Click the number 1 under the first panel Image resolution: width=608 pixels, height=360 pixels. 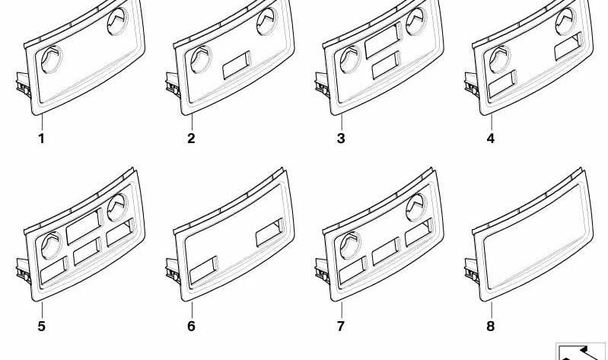(42, 139)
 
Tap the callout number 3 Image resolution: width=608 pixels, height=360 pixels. (341, 139)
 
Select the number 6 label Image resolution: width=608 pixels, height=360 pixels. (191, 326)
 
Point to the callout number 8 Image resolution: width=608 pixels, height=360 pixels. (491, 326)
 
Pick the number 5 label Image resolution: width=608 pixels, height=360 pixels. (42, 326)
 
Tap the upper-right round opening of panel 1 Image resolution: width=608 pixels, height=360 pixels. (117, 21)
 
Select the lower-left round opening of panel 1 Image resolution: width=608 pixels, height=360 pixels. (51, 59)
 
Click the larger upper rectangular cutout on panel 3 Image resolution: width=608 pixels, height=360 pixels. (383, 40)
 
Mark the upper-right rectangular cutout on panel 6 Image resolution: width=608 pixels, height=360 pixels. (269, 232)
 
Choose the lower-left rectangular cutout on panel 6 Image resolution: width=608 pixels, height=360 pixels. (204, 269)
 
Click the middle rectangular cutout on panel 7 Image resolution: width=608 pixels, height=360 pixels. (386, 251)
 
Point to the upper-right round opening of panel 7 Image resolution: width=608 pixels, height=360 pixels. (416, 208)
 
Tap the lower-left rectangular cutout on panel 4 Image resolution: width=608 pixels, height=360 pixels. (502, 84)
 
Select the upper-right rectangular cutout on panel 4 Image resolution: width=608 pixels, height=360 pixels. (568, 46)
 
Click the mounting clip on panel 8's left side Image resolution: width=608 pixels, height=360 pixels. (473, 271)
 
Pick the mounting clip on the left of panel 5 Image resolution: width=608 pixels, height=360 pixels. (24, 271)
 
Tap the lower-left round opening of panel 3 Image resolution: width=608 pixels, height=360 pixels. (350, 59)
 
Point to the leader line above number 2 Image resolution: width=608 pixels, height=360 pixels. (192, 123)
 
